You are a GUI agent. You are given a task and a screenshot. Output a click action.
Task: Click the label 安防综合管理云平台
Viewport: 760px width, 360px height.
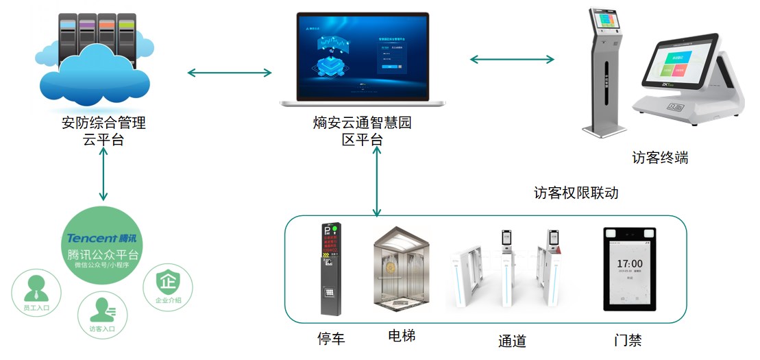[x=104, y=132]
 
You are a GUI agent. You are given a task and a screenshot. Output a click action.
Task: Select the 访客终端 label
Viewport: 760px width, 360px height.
[x=659, y=158]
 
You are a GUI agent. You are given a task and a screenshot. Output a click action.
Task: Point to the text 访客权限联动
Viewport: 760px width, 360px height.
[x=576, y=193]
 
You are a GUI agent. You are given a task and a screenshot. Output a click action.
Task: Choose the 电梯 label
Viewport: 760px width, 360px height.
[x=402, y=336]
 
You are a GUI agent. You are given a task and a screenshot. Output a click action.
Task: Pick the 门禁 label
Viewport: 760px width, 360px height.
[x=628, y=339]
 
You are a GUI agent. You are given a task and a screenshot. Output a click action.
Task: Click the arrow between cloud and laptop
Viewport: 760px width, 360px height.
[x=230, y=73]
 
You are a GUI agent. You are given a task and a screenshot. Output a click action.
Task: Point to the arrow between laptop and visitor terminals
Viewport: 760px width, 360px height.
[x=512, y=60]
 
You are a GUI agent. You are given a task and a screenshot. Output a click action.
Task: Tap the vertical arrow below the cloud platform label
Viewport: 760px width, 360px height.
[x=103, y=174]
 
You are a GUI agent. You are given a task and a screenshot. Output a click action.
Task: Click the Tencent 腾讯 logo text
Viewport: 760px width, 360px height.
[x=103, y=238]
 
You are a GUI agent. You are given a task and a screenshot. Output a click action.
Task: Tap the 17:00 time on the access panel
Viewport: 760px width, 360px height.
[x=629, y=263]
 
